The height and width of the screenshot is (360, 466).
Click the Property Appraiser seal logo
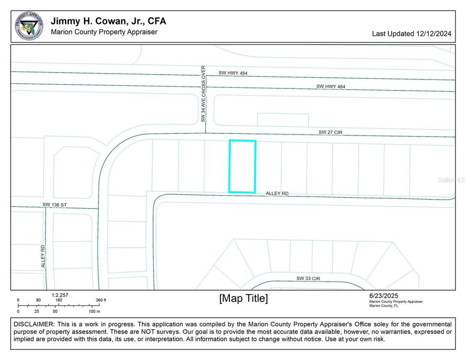29,25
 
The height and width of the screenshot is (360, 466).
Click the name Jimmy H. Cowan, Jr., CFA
108,21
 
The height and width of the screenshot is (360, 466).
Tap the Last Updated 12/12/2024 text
411,33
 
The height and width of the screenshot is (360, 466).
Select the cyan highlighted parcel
242,166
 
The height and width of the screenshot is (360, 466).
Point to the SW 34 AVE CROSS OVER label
203,94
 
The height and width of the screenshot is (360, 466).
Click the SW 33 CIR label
308,278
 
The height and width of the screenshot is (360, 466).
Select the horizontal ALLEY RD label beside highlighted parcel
277,194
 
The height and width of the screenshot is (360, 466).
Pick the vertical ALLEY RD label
43,256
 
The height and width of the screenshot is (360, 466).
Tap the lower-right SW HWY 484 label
331,86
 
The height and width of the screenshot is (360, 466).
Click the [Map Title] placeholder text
243,299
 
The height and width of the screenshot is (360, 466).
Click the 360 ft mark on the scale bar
100,300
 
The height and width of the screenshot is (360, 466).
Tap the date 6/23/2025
384,295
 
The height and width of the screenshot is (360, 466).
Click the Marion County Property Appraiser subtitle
104,32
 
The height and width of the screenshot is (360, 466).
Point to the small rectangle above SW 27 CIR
282,120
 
